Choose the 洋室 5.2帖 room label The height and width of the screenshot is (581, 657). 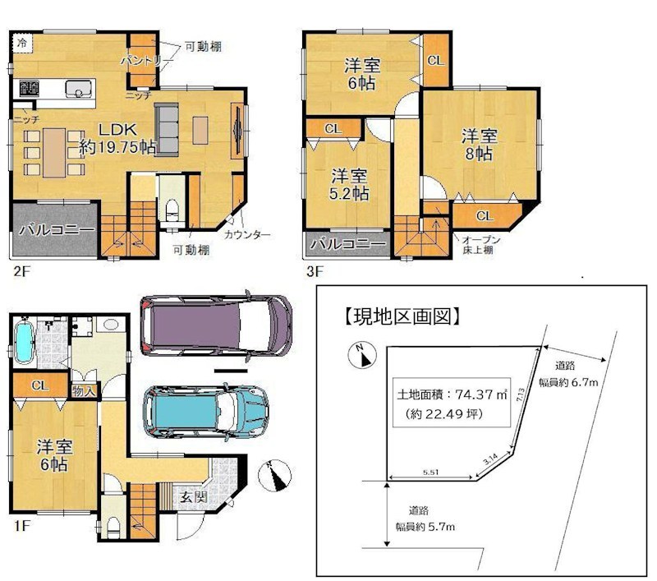[350, 185]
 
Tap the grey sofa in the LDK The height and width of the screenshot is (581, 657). [168, 128]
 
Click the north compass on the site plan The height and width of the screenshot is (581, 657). [360, 355]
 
